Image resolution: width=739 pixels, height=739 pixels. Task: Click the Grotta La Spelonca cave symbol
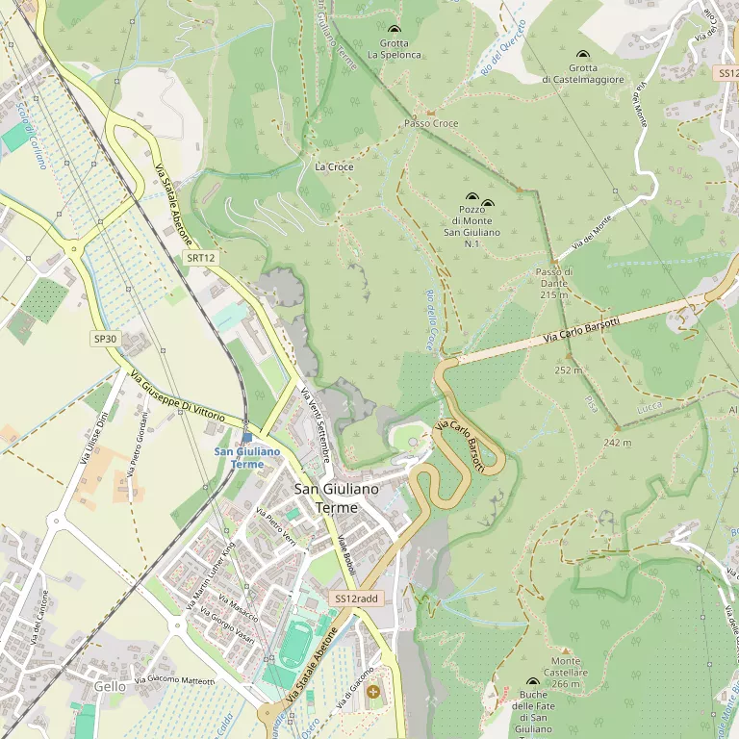pyautogui.click(x=393, y=31)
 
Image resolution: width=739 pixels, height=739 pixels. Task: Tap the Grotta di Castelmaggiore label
pyautogui.click(x=582, y=74)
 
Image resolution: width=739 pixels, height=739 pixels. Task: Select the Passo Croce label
pyautogui.click(x=431, y=124)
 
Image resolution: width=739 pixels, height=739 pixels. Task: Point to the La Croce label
pyautogui.click(x=334, y=167)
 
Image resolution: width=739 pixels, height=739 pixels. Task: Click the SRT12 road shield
pyautogui.click(x=201, y=258)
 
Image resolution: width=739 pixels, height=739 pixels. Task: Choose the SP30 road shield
pyautogui.click(x=105, y=339)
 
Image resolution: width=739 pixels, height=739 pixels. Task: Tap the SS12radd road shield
pyautogui.click(x=355, y=599)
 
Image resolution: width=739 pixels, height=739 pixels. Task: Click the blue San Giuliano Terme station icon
pyautogui.click(x=247, y=437)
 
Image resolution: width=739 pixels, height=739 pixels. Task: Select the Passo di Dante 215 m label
pyautogui.click(x=553, y=283)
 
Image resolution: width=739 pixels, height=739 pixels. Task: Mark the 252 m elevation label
pyautogui.click(x=568, y=369)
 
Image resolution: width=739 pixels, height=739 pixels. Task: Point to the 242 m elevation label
pyautogui.click(x=617, y=443)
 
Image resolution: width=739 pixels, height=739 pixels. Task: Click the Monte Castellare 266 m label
pyautogui.click(x=565, y=673)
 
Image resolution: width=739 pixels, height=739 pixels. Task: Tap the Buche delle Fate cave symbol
pyautogui.click(x=533, y=681)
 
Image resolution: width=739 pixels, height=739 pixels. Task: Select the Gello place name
pyautogui.click(x=111, y=686)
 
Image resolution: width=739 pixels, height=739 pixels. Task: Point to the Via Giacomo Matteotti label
pyautogui.click(x=174, y=680)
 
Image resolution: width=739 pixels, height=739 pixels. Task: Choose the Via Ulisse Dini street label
pyautogui.click(x=93, y=438)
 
